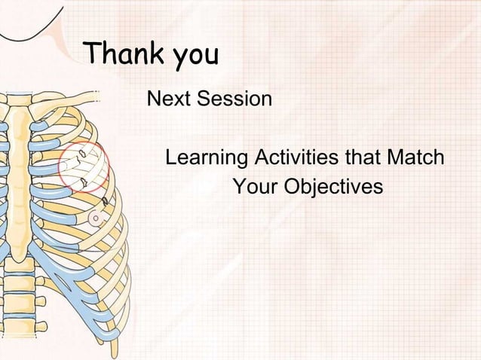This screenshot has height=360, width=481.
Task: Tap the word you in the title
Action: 195,56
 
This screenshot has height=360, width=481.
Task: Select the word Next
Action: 170,99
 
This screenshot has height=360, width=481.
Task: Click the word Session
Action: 235,99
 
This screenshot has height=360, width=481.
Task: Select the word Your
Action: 255,185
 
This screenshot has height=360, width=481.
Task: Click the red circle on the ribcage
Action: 84,166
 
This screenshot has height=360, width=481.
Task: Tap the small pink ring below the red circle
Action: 96,217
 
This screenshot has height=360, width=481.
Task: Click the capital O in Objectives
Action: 292,185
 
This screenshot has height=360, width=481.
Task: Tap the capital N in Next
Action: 155,99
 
